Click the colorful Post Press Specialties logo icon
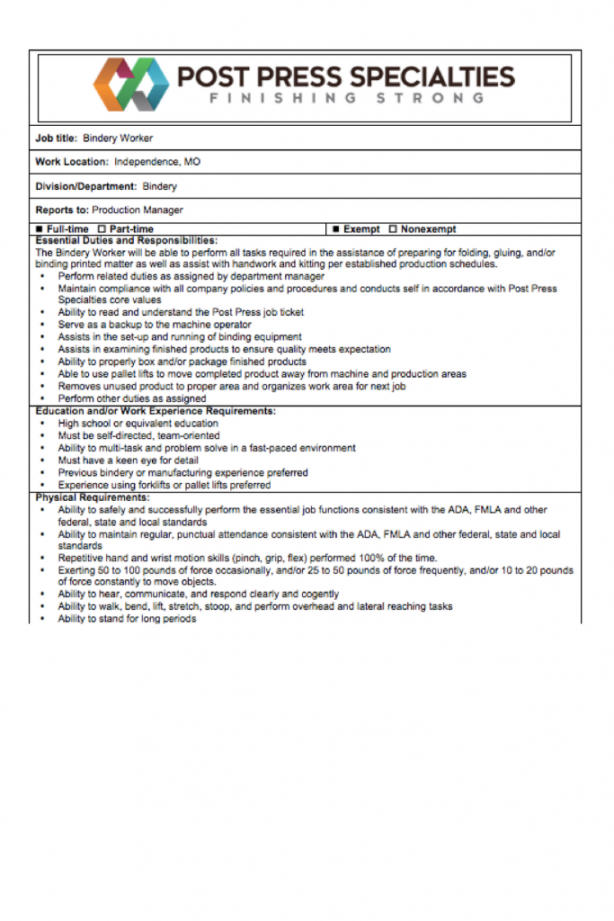tap(131, 83)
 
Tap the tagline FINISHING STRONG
tap(347, 98)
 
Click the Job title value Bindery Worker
tap(118, 139)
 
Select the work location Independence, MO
tap(157, 163)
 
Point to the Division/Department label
tap(85, 187)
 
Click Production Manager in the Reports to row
tap(138, 210)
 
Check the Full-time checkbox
tap(40, 229)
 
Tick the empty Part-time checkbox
tap(102, 229)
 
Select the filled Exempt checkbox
tap(335, 229)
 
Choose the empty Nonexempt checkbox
tap(393, 229)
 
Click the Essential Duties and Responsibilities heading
tap(126, 240)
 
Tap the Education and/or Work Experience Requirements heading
tap(156, 411)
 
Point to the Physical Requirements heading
tap(93, 497)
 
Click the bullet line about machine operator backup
tap(155, 325)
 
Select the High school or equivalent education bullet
tap(138, 424)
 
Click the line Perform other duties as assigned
tap(132, 398)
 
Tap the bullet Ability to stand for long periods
tap(127, 619)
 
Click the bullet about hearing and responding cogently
tap(199, 595)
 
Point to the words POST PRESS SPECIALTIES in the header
tap(346, 76)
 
